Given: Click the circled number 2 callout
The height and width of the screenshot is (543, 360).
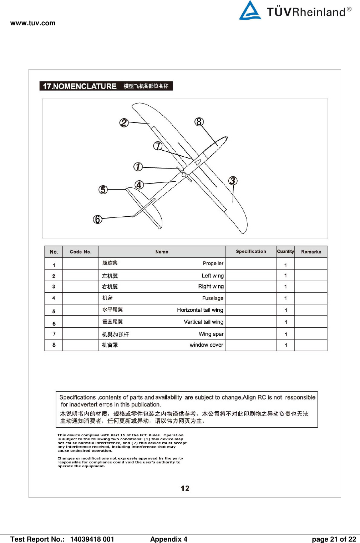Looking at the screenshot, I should pos(124,123).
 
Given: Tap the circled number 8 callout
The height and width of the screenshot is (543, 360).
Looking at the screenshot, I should pos(199,122).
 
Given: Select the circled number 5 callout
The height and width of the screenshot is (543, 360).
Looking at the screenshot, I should pos(103,190).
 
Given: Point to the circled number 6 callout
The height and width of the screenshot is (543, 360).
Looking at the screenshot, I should pos(98,219).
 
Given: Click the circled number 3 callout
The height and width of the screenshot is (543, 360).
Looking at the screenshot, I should pos(233,181).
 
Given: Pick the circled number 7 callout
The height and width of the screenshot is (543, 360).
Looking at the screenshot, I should pos(158,146).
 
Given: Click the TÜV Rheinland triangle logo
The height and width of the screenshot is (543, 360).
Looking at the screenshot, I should pos(250,10).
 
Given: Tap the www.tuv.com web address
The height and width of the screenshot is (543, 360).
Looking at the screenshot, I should pos(33,23).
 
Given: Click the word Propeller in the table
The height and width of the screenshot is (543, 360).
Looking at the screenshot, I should pos(213,263).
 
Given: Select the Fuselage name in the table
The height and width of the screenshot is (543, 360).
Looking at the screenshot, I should pos(213,298).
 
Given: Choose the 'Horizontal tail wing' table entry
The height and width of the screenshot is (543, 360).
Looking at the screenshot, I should pos(200,310).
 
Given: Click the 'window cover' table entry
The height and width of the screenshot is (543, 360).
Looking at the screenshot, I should pos(206,345).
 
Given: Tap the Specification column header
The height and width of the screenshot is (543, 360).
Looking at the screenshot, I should pos(251,251).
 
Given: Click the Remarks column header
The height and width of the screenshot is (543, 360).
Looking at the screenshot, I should pos(311,252).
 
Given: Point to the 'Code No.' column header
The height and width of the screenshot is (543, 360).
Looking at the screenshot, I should pos(81,252).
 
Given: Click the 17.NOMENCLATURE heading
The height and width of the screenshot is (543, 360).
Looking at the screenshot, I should pos(80,86).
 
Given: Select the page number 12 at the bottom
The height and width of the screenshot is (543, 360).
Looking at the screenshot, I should pos(185,488).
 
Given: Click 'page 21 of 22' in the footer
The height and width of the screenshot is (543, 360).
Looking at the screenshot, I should pos(334,539).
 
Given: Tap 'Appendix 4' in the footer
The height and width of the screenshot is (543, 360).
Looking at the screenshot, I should pos(168,539).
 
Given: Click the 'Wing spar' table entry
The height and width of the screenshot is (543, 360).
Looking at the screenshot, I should pos(211,334).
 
